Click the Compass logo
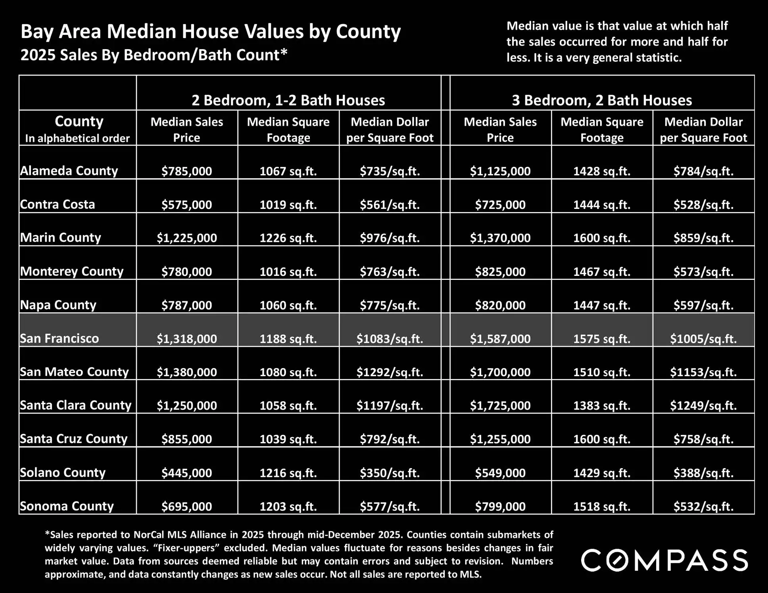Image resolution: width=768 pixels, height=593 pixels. tap(664, 560)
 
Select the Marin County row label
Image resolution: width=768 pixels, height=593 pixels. tap(61, 237)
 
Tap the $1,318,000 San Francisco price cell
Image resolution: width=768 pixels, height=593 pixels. tap(187, 339)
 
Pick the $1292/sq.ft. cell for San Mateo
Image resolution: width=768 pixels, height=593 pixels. tap(390, 372)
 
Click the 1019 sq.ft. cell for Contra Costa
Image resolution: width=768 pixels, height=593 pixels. tap(288, 205)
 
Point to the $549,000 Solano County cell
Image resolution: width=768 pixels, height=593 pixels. tap(500, 472)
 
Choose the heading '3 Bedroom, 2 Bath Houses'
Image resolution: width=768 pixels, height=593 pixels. tap(602, 100)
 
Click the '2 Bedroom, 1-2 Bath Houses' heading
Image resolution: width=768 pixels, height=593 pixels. tap(288, 100)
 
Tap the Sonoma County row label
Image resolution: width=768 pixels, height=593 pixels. tap(67, 506)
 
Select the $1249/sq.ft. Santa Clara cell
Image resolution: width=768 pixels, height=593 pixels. tap(703, 406)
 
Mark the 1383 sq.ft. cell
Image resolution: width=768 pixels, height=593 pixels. tap(602, 406)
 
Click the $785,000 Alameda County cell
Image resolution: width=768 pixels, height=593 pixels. tap(187, 171)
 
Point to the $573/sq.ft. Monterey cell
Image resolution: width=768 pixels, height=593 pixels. tap(703, 272)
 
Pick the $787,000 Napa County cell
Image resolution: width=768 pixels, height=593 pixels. tap(187, 305)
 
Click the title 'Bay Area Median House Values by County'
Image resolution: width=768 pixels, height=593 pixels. tap(211, 32)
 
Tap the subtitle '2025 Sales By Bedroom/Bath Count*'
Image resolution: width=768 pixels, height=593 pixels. tap(154, 55)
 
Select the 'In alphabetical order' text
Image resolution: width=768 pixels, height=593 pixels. tap(77, 138)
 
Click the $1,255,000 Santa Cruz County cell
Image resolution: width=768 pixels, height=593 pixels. tap(500, 439)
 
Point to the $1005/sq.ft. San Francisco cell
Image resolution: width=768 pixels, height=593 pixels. tap(703, 339)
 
